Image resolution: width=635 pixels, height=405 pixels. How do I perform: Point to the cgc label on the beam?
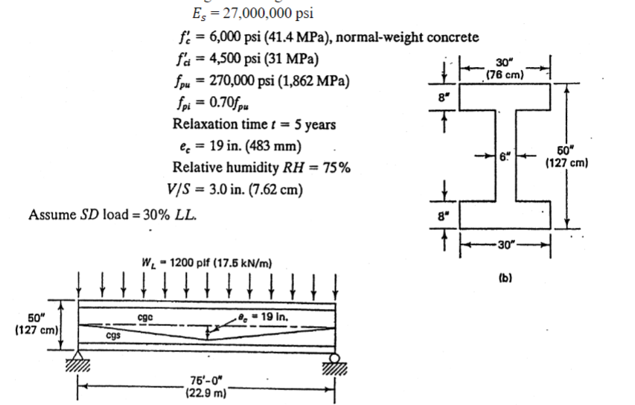point(147,317)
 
